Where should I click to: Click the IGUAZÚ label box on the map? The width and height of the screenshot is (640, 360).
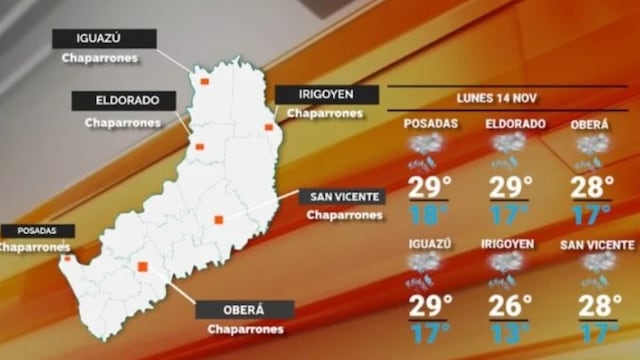click(104, 39)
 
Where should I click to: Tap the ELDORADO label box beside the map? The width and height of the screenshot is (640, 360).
click(123, 101)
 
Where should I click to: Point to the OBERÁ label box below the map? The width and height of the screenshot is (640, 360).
click(245, 309)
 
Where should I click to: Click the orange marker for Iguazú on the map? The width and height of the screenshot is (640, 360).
click(203, 81)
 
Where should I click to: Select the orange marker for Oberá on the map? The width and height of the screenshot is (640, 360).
click(143, 267)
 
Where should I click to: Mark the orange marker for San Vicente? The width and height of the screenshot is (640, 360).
click(218, 220)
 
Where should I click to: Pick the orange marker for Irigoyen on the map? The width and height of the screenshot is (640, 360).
click(268, 127)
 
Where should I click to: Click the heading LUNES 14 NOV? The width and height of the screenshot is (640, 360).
click(496, 99)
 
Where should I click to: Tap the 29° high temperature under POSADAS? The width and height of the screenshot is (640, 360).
click(430, 186)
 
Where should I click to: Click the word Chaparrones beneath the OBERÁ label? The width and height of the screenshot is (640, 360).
click(245, 329)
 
